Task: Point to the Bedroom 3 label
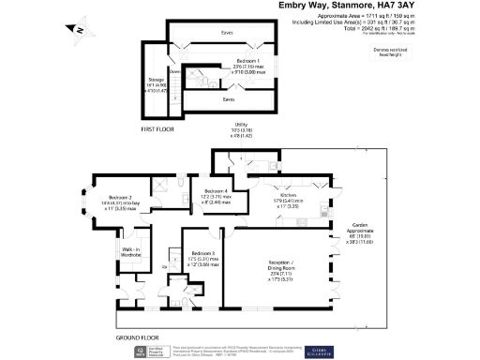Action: [x=203, y=255]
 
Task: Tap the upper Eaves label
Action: [x=227, y=34]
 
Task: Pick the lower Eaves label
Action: [x=228, y=97]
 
